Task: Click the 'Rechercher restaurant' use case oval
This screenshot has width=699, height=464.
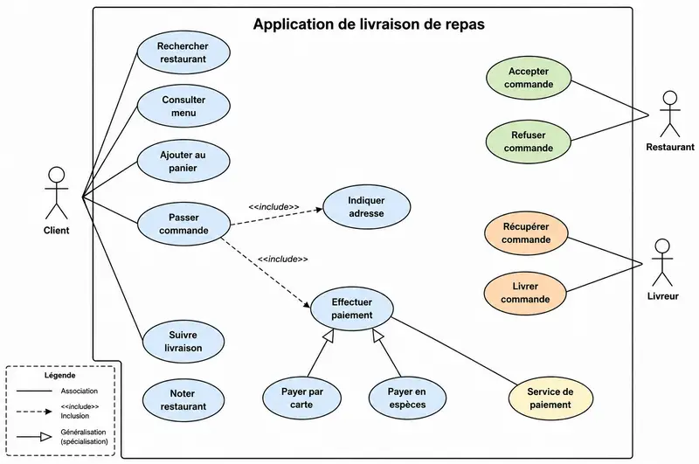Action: click(183, 52)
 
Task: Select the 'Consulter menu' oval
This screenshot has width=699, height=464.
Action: click(183, 106)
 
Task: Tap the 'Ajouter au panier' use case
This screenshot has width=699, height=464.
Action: click(183, 162)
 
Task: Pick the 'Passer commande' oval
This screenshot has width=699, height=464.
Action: click(183, 224)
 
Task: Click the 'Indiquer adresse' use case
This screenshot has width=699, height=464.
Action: click(366, 207)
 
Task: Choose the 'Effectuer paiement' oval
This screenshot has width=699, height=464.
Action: click(352, 308)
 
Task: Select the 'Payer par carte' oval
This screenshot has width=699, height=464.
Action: click(301, 398)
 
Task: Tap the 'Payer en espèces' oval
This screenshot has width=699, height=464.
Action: click(407, 398)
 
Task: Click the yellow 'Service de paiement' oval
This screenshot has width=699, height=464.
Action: click(550, 398)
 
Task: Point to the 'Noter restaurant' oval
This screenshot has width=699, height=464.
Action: click(183, 400)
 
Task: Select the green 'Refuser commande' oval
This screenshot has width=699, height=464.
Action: click(529, 142)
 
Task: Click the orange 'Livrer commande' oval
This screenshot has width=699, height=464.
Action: click(525, 293)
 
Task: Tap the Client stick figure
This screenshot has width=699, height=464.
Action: click(57, 193)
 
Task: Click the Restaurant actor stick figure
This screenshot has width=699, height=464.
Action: click(670, 114)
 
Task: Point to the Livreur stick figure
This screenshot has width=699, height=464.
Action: click(662, 262)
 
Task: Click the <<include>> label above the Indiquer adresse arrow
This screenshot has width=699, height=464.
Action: click(273, 207)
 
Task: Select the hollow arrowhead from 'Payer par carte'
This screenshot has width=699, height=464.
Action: click(329, 336)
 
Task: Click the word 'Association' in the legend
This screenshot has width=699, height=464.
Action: click(80, 391)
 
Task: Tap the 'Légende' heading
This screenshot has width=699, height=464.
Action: click(59, 375)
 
